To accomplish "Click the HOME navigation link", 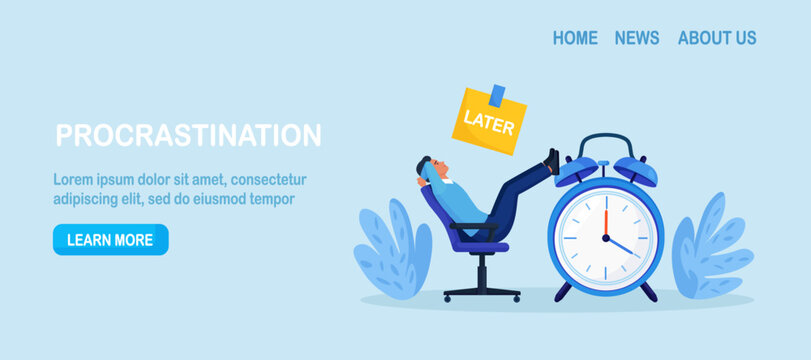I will [575, 38].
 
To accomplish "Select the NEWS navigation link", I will [637, 38].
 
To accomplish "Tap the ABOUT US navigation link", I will [717, 38].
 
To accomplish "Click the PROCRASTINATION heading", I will [188, 135].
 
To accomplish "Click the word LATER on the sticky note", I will [490, 128].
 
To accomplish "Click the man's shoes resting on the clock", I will [551, 161].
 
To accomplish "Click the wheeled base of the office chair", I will [482, 291].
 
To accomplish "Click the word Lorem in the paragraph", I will [74, 180].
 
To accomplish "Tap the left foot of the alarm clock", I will [563, 291].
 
